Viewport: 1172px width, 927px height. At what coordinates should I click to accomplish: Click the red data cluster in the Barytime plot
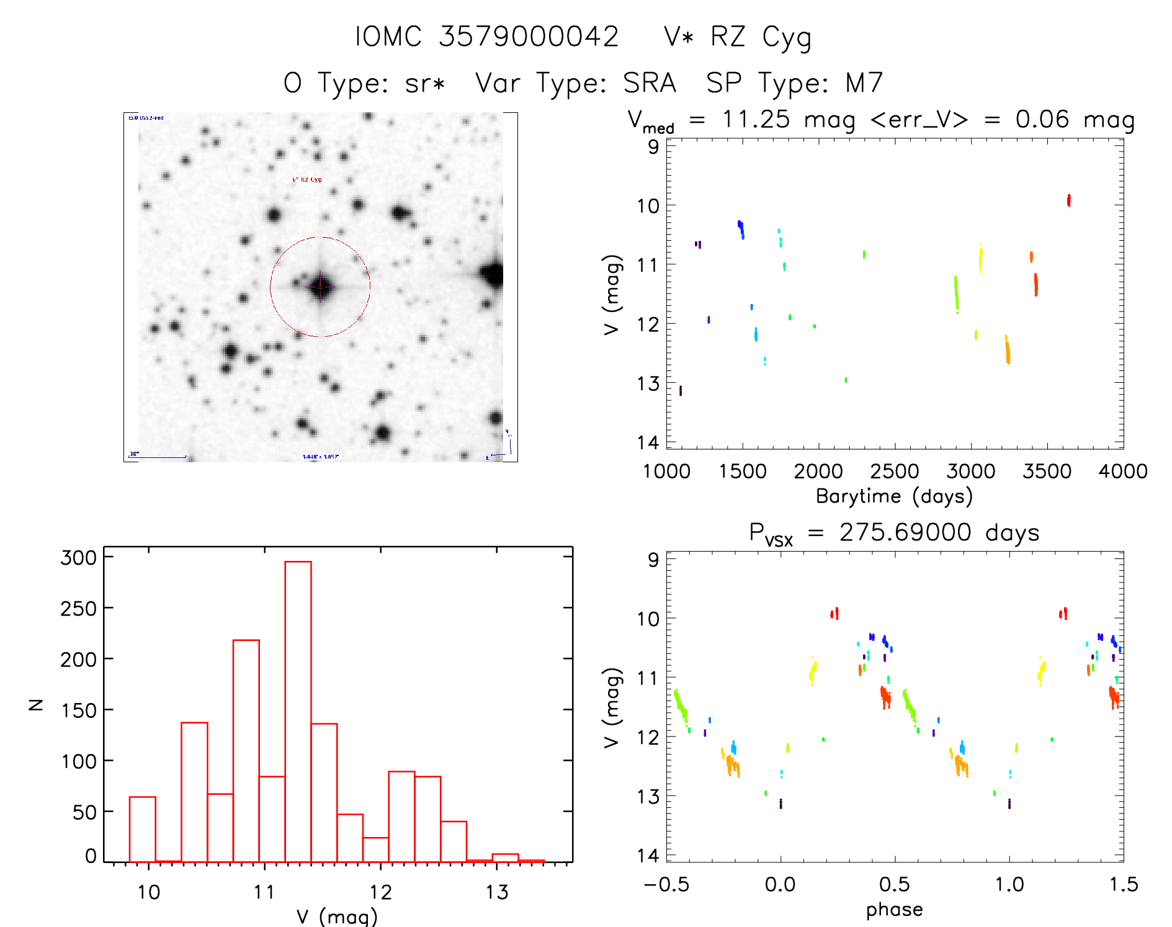click(1068, 200)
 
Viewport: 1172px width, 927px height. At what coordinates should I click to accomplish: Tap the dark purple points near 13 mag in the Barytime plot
click(681, 390)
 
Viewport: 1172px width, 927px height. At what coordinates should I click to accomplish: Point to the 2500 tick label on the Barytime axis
click(894, 472)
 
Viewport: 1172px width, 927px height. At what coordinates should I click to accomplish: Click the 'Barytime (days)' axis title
click(894, 496)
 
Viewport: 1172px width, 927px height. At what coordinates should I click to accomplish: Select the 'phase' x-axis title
click(894, 910)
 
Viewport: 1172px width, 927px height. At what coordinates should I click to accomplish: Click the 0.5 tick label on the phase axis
click(894, 885)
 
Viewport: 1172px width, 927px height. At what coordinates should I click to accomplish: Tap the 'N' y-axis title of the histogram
click(36, 704)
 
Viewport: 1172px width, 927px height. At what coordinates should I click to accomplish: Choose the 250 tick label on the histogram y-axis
click(79, 609)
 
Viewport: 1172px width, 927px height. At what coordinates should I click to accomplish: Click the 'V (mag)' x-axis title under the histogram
click(337, 916)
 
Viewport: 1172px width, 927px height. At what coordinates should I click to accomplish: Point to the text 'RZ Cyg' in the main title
click(761, 37)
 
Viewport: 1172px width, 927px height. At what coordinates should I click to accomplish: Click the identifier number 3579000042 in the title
click(529, 37)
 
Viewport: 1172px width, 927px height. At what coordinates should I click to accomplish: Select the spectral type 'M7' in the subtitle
click(864, 83)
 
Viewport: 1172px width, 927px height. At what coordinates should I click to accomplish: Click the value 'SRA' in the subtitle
click(650, 83)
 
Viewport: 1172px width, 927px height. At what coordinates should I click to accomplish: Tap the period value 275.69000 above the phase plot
click(905, 533)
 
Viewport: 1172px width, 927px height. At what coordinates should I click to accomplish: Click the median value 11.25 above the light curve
click(756, 119)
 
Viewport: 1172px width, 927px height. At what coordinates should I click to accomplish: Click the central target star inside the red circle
click(320, 287)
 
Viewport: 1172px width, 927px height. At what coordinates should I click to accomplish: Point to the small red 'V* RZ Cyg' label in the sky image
click(307, 180)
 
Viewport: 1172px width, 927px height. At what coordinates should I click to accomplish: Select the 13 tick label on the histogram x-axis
click(496, 893)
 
